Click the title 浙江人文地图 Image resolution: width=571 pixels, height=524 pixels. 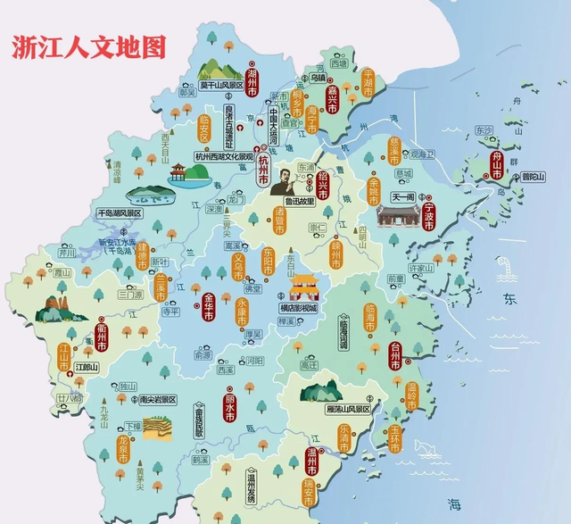click(x=88, y=47)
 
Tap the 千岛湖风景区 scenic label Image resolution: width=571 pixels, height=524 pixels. click(x=120, y=214)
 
